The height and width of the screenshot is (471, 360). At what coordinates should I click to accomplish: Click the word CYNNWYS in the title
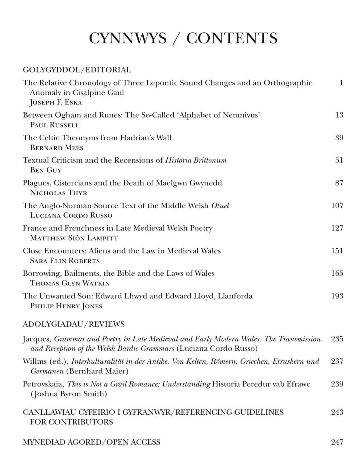click(x=128, y=38)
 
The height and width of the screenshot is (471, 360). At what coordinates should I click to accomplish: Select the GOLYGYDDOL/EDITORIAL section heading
click(x=77, y=70)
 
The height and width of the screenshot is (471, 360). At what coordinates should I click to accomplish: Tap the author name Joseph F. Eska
click(x=56, y=102)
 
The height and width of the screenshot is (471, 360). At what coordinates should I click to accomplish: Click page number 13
click(x=339, y=115)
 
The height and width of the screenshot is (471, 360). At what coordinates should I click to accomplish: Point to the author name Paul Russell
click(x=55, y=125)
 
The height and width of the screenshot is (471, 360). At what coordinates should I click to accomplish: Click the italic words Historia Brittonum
click(x=196, y=160)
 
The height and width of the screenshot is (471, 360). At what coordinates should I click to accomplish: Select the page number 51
click(x=339, y=160)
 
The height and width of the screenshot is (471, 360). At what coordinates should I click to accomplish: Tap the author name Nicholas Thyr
click(x=58, y=193)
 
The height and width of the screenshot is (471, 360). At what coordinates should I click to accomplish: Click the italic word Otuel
click(x=220, y=206)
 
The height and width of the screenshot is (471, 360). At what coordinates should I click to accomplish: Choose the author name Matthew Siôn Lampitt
click(x=74, y=238)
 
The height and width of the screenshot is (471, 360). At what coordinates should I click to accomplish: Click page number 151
click(x=337, y=251)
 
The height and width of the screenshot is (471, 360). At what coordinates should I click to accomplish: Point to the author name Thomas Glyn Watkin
click(x=70, y=283)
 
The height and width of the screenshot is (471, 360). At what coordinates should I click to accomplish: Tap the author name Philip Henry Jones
click(x=66, y=306)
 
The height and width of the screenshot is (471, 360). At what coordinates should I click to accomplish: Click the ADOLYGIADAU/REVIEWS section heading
click(x=73, y=324)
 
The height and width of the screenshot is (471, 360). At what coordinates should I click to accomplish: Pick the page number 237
click(x=337, y=361)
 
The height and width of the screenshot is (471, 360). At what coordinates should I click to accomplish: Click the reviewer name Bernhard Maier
click(x=97, y=371)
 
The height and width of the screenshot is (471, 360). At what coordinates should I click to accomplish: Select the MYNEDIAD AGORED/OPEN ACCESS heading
click(x=91, y=442)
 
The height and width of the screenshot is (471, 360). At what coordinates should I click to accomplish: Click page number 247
click(x=337, y=442)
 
